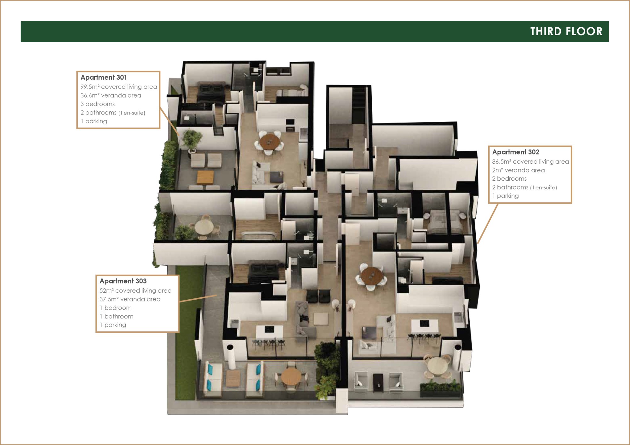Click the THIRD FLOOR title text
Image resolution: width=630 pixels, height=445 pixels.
(x=566, y=31)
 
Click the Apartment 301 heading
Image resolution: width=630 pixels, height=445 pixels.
(x=104, y=77)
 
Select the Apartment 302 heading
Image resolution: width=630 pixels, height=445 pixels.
(x=516, y=152)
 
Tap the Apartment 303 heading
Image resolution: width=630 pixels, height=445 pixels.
(x=123, y=281)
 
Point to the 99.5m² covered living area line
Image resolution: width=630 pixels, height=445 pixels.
(x=119, y=87)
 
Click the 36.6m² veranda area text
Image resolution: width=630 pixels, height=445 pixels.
(x=111, y=95)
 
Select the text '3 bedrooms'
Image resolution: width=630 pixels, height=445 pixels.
(x=98, y=104)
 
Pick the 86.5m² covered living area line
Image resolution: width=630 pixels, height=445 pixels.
(x=530, y=161)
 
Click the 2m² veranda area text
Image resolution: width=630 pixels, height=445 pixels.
(x=518, y=170)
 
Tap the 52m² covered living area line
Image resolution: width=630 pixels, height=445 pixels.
(x=135, y=290)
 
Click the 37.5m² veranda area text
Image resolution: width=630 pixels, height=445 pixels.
(x=130, y=299)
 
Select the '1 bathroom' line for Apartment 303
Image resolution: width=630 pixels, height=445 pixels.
(x=117, y=316)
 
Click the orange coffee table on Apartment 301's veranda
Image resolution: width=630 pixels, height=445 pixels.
(x=205, y=178)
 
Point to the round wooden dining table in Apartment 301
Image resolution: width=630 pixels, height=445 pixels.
(x=269, y=142)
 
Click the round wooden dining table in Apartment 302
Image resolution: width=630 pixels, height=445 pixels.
(x=372, y=276)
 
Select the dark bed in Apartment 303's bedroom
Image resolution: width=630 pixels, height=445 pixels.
(x=264, y=271)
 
